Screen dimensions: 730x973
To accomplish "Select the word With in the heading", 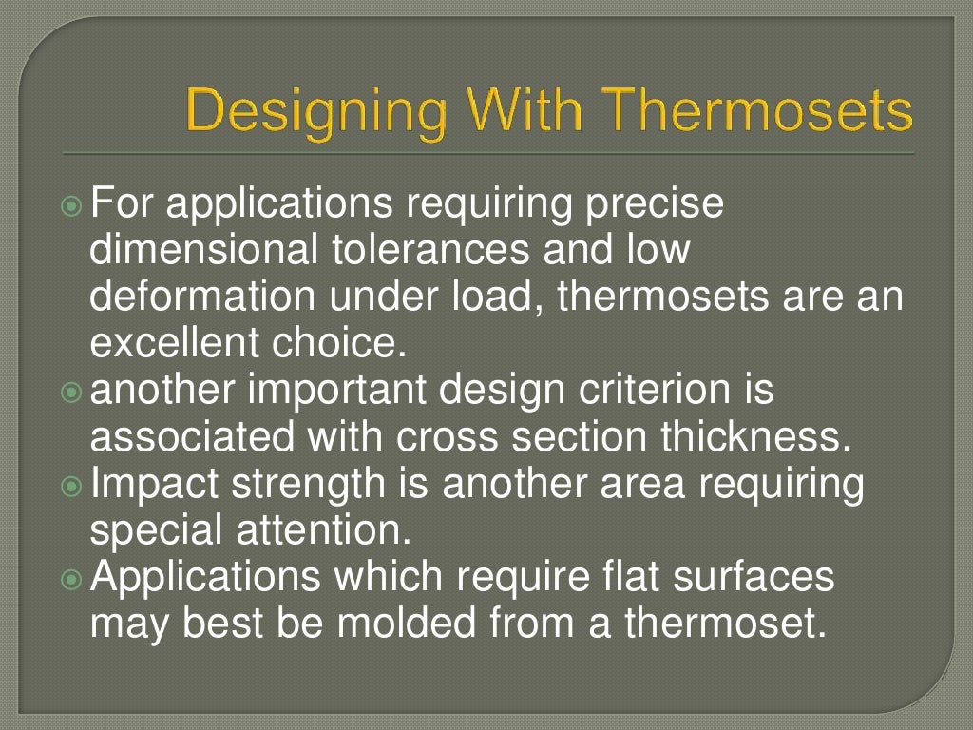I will click(x=517, y=112).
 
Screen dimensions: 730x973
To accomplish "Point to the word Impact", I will click(x=155, y=484).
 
